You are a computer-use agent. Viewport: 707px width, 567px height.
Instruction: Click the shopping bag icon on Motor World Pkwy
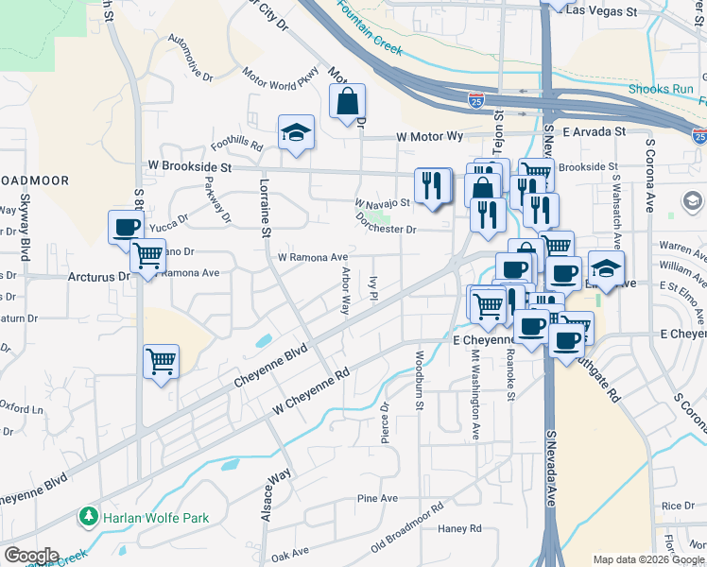(x=347, y=102)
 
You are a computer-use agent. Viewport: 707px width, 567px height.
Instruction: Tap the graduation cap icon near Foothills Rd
(x=296, y=133)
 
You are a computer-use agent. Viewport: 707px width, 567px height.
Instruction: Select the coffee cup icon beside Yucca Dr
(x=127, y=228)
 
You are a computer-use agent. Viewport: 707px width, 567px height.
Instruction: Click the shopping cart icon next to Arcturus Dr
(x=147, y=256)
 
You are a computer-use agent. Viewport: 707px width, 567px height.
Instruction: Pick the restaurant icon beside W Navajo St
(x=432, y=185)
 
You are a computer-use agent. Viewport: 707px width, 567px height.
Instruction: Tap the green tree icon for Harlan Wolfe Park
(x=90, y=517)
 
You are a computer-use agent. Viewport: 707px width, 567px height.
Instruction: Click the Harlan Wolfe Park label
(x=156, y=518)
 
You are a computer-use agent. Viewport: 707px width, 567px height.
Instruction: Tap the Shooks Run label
(x=662, y=90)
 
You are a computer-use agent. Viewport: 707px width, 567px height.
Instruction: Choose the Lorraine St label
(x=266, y=207)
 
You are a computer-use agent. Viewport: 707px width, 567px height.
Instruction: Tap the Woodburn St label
(x=418, y=380)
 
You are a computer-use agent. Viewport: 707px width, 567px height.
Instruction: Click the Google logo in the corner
(x=31, y=556)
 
